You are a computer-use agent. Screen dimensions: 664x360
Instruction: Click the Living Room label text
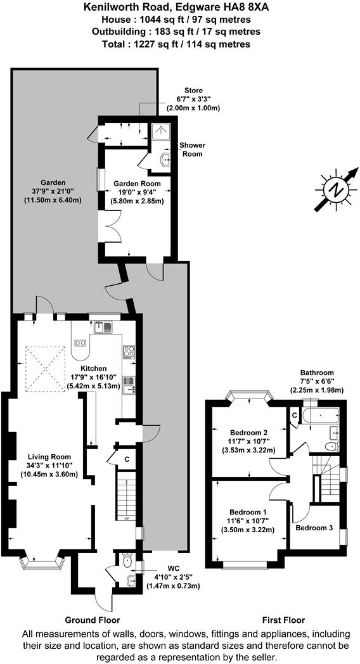tap(48, 456)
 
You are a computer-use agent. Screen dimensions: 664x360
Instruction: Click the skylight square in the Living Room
tap(46, 369)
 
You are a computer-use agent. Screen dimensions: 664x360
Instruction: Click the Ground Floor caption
tap(93, 620)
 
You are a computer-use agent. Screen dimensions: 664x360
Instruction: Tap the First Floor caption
tap(283, 620)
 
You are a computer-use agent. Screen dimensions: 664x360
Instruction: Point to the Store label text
tap(193, 91)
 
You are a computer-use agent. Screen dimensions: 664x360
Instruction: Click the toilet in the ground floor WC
tap(128, 560)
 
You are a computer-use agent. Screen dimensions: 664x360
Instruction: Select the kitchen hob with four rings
tap(129, 350)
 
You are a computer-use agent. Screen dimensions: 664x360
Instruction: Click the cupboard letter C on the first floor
tap(295, 414)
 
